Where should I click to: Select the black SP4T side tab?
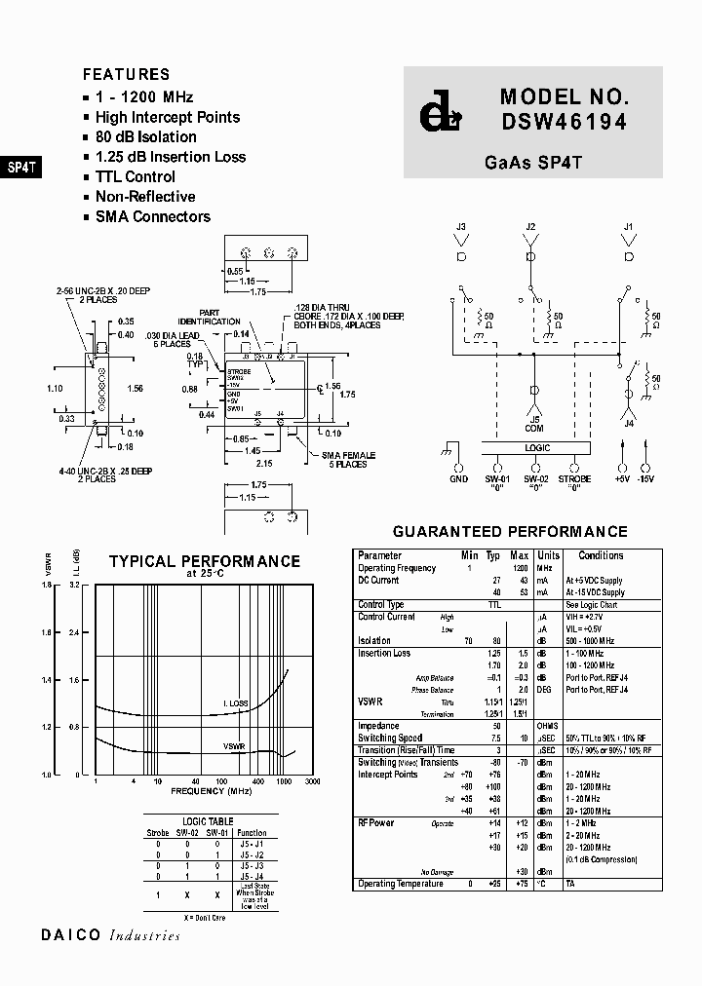point(21,167)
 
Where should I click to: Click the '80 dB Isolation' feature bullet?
point(145,137)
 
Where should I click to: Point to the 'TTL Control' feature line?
point(135,177)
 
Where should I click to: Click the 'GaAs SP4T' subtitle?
point(532,163)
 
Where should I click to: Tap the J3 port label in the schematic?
point(461,228)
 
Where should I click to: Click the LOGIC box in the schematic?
point(537,448)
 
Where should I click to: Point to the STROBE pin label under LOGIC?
point(576,478)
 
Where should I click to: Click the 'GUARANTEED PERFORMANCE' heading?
point(509,532)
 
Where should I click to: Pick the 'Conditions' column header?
point(601,555)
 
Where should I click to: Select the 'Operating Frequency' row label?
point(397,567)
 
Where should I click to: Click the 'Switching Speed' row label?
point(390,738)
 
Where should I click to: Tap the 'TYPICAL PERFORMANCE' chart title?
point(204,562)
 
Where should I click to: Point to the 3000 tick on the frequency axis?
point(312,781)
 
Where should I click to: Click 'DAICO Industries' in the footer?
point(110,935)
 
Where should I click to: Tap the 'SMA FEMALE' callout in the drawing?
point(348,455)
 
